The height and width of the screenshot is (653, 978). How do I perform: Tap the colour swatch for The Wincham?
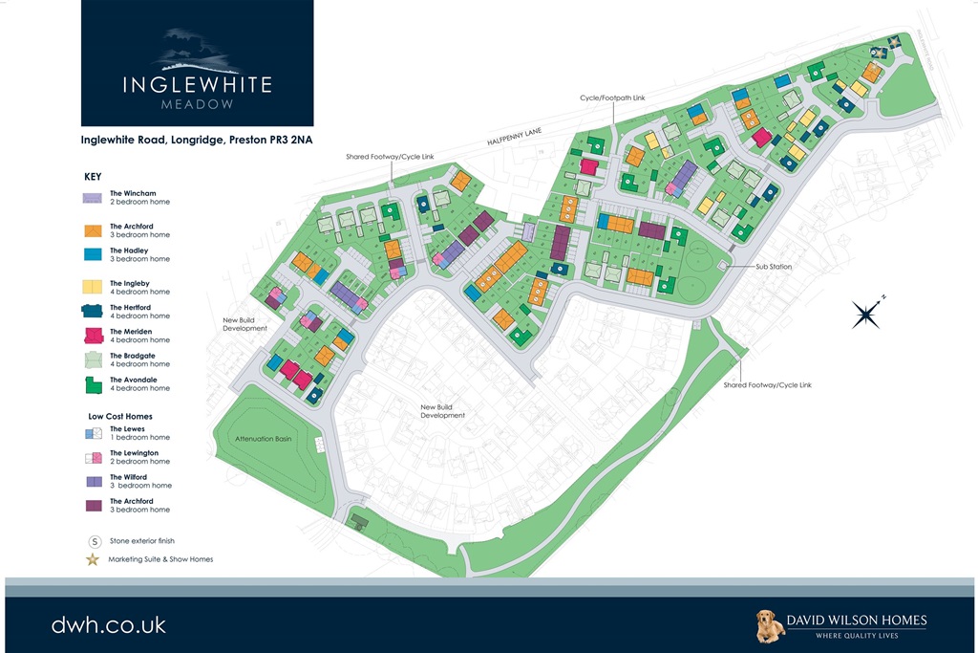click(92, 199)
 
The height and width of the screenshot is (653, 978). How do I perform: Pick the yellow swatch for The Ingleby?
click(92, 287)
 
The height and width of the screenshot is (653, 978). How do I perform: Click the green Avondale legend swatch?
click(92, 384)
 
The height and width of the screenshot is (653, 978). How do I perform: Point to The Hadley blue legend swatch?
click(92, 254)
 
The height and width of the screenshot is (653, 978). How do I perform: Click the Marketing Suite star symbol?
click(93, 559)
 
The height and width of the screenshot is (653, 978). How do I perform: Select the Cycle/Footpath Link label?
click(612, 98)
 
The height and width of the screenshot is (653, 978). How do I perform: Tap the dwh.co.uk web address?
click(109, 625)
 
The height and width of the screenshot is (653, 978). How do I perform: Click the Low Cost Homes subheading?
click(118, 417)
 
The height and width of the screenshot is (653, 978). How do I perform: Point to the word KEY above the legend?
click(93, 177)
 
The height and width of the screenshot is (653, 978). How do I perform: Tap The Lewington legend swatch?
click(92, 457)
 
